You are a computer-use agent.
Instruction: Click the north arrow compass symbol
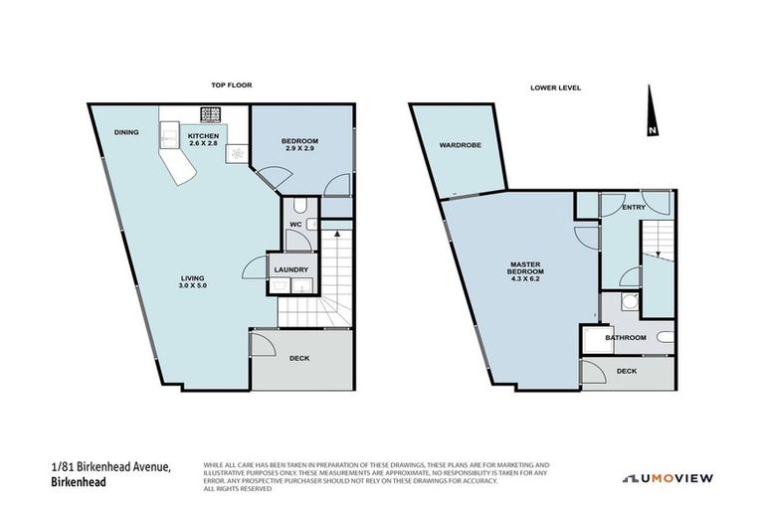point(652,112)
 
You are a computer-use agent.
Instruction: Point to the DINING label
point(125,132)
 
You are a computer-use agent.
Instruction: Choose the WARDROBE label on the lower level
point(460,145)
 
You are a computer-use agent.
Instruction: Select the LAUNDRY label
point(291,269)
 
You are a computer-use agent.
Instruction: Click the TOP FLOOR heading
point(230,86)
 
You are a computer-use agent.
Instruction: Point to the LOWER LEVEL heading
point(555,87)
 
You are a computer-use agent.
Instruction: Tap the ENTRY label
point(633,207)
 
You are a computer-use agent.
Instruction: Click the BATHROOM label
point(627,338)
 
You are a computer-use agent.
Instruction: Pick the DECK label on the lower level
point(626,371)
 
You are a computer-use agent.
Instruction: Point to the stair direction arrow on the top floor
point(338,236)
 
